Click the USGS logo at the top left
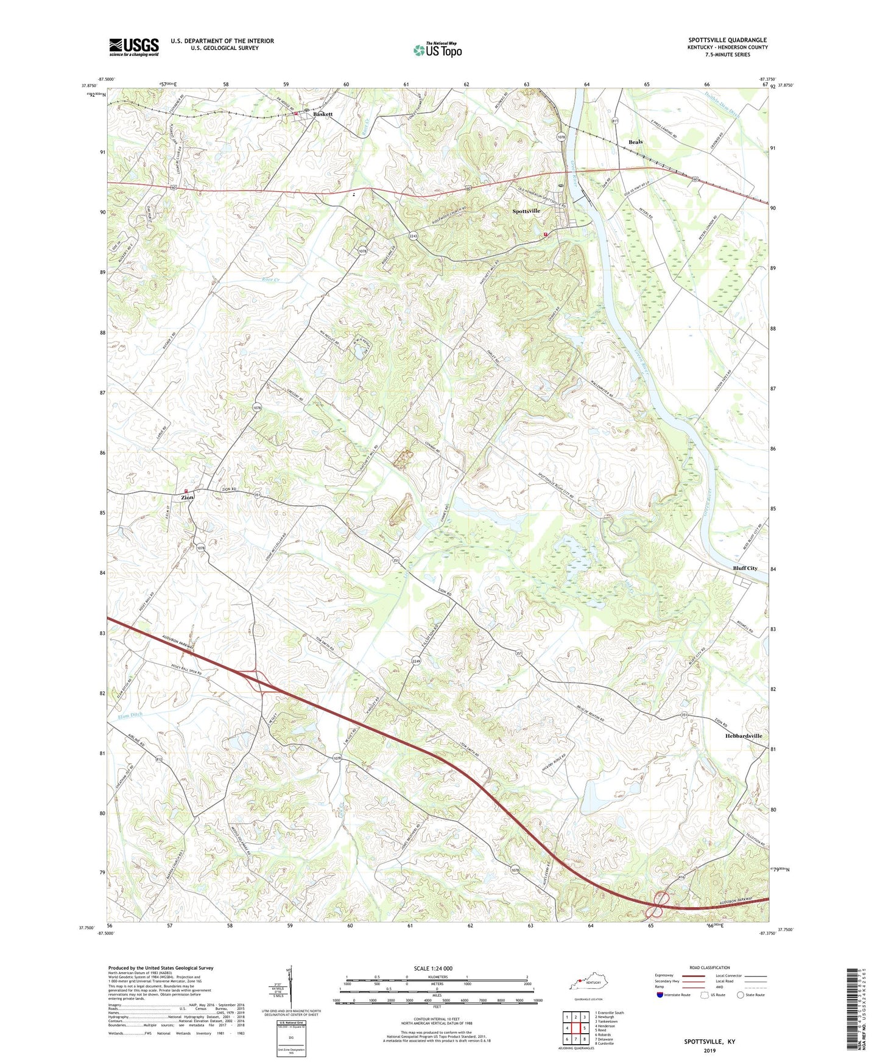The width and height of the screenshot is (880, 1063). point(133,47)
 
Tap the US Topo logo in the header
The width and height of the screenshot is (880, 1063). point(437,50)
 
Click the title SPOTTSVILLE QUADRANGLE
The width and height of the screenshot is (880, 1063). point(727,40)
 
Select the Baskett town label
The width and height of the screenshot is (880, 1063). point(323,114)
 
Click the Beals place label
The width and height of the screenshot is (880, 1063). point(635,142)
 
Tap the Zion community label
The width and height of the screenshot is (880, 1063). point(187,497)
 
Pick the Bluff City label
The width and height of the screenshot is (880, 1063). point(745,568)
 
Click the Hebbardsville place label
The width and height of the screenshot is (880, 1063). point(744,736)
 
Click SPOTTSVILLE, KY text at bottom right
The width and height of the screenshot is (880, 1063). point(709,1042)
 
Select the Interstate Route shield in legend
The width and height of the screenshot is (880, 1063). point(660,995)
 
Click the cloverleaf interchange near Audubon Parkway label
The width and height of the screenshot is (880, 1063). point(659,904)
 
